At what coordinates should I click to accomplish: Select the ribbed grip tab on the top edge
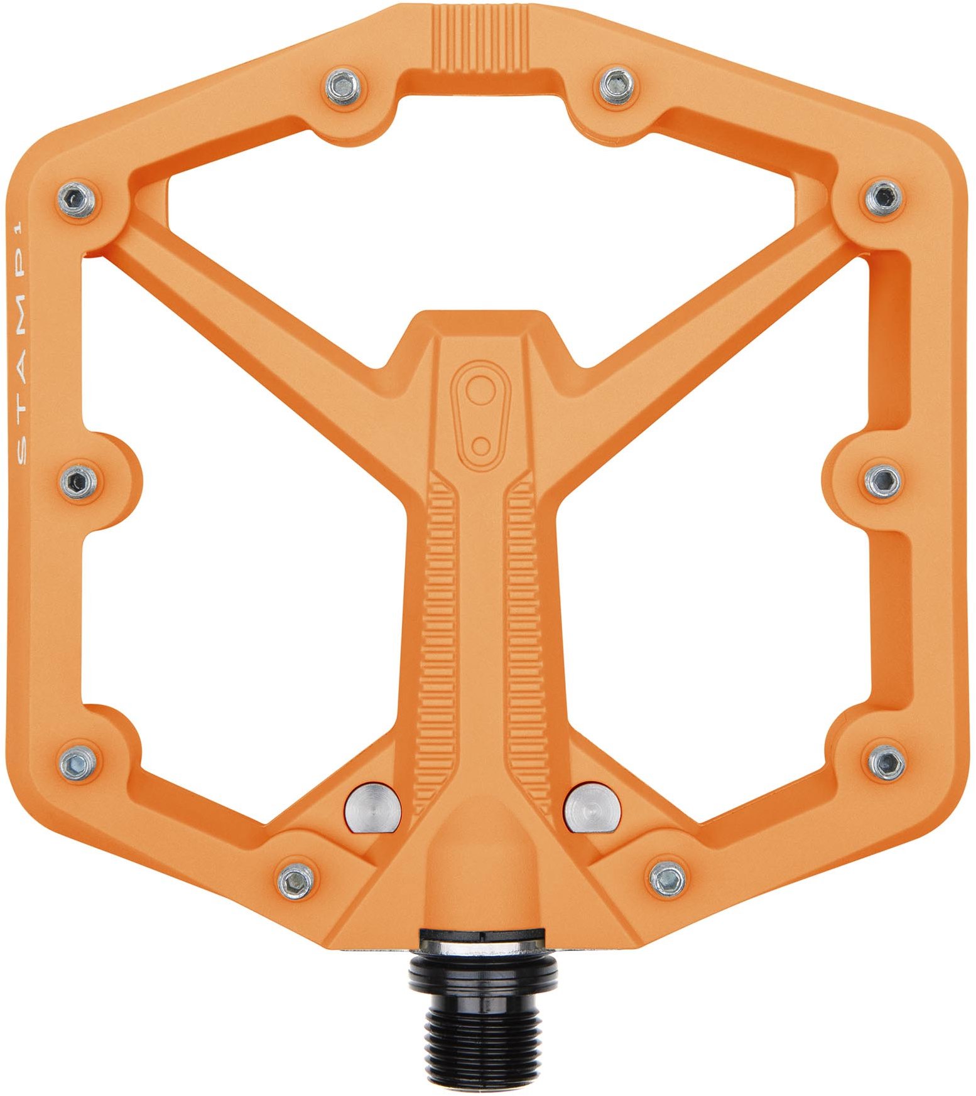pos(481,38)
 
